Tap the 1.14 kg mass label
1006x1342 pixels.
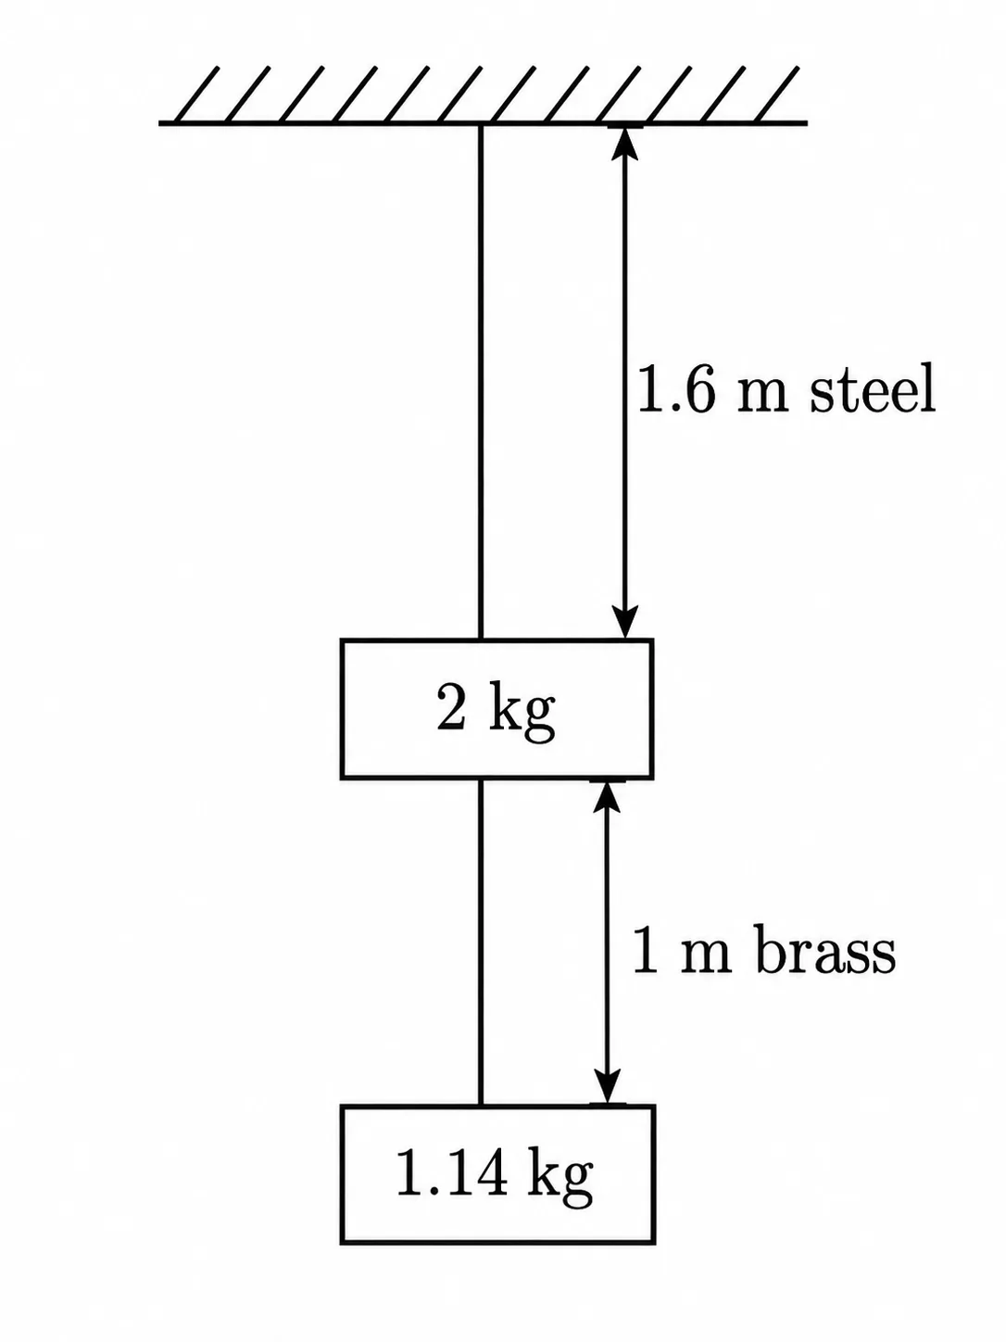pyautogui.click(x=495, y=1175)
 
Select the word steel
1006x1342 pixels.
pyautogui.click(x=873, y=389)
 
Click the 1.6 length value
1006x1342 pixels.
pyautogui.click(x=675, y=389)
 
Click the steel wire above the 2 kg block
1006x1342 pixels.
pyautogui.click(x=481, y=382)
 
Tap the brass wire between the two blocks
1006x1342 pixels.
pyautogui.click(x=481, y=943)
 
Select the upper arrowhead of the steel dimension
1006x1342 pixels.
pyautogui.click(x=624, y=143)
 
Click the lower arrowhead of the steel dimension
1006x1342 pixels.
pyautogui.click(x=624, y=623)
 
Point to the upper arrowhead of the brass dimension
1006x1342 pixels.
pyautogui.click(x=607, y=797)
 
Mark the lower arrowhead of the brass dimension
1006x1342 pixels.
pyautogui.click(x=607, y=1087)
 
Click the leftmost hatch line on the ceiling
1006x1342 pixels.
pyautogui.click(x=196, y=95)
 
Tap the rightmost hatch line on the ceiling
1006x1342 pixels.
pyautogui.click(x=775, y=95)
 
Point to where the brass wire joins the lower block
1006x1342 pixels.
pyautogui.click(x=481, y=1106)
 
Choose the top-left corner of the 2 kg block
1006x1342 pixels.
pyautogui.click(x=342, y=640)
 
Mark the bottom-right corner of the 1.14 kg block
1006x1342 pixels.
pyautogui.click(x=654, y=1243)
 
